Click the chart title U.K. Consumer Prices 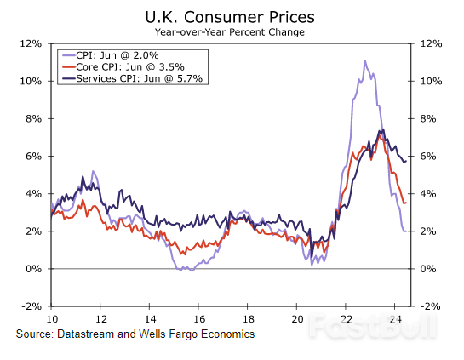232,16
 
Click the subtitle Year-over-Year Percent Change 232,31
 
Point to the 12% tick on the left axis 32,43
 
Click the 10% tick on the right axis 430,81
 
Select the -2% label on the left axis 32,306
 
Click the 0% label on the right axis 427,269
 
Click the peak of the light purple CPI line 364,61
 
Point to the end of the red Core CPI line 405,203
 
